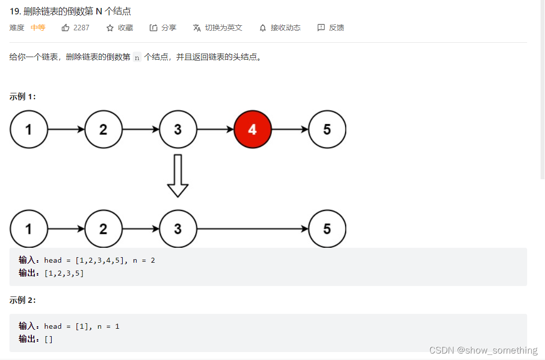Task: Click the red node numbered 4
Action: pyautogui.click(x=252, y=130)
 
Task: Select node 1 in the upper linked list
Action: pyautogui.click(x=29, y=130)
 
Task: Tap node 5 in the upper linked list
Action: pyautogui.click(x=326, y=130)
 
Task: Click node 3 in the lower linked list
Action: pyautogui.click(x=178, y=229)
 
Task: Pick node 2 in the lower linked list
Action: pyautogui.click(x=103, y=229)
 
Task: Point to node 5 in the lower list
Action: pyautogui.click(x=326, y=229)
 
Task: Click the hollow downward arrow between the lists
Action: pyautogui.click(x=178, y=176)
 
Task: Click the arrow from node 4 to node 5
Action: pyautogui.click(x=290, y=130)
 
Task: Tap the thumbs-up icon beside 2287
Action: pyautogui.click(x=66, y=28)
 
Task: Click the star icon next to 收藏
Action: pyautogui.click(x=110, y=28)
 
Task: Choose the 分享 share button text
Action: pyautogui.click(x=169, y=28)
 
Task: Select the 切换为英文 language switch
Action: pyautogui.click(x=224, y=28)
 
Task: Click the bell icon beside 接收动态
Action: pyautogui.click(x=263, y=28)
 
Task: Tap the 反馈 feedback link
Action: pyautogui.click(x=336, y=28)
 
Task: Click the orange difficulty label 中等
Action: pyautogui.click(x=38, y=28)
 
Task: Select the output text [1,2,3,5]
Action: pyautogui.click(x=64, y=273)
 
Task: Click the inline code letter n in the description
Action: pyautogui.click(x=137, y=57)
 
